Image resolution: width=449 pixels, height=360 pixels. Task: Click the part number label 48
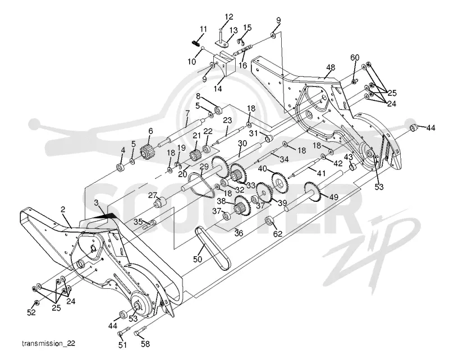(x=331, y=68)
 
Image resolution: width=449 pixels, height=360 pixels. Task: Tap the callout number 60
(x=355, y=58)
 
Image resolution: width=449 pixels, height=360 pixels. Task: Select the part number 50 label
(x=198, y=259)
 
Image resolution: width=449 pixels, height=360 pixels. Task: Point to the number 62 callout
(x=277, y=233)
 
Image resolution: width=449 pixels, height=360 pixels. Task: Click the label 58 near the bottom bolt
(x=145, y=344)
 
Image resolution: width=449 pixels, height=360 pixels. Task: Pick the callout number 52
(x=31, y=312)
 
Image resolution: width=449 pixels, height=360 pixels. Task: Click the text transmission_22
(x=48, y=343)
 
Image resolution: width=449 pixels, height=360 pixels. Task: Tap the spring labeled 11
(x=195, y=43)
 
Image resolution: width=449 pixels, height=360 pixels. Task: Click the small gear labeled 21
(x=195, y=156)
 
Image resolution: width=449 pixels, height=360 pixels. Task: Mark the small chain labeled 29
(x=201, y=186)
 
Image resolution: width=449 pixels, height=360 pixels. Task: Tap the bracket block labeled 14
(x=224, y=63)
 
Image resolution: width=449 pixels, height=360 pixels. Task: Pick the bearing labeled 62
(x=269, y=221)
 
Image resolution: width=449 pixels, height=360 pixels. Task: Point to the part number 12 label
(x=229, y=17)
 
